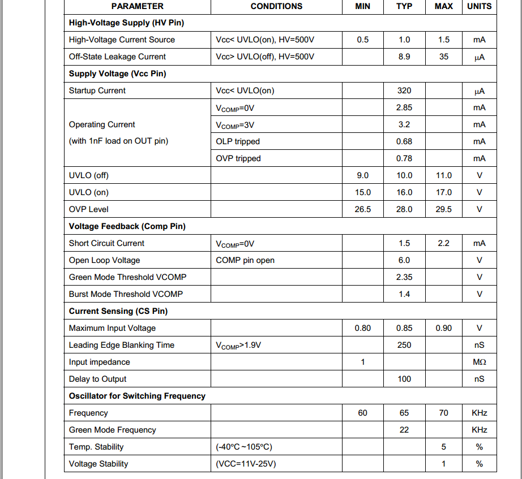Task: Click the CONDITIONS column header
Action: point(276,6)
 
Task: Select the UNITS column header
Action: point(479,6)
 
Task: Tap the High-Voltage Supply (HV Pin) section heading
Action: point(126,23)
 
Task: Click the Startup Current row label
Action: point(97,90)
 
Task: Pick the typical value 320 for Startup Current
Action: point(404,90)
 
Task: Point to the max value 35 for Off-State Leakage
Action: point(443,57)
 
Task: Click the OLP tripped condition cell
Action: point(238,141)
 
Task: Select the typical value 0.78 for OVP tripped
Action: point(404,158)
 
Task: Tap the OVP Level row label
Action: point(89,209)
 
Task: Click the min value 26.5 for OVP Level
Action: point(362,209)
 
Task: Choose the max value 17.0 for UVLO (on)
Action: point(443,192)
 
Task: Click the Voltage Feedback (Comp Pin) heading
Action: point(127,226)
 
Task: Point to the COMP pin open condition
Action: point(245,260)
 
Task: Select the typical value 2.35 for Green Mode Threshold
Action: point(404,277)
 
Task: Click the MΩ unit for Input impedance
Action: point(479,362)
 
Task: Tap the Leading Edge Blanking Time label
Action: point(122,345)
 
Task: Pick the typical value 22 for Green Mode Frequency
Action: point(404,430)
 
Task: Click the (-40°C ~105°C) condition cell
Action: point(244,447)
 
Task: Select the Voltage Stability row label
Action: point(99,464)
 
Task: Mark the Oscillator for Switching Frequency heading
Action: point(137,396)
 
